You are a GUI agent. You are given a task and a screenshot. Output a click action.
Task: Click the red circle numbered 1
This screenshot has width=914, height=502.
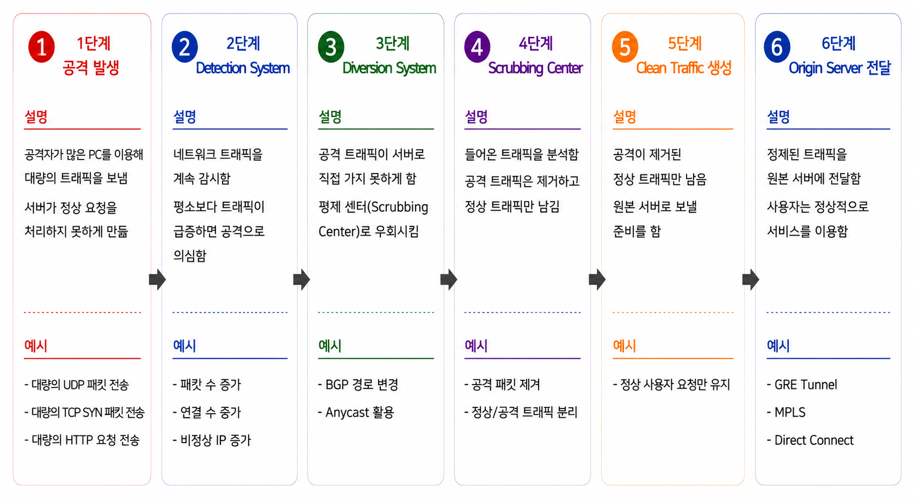(41, 47)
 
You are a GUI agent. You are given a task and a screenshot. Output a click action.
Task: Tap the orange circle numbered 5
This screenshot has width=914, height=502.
(624, 47)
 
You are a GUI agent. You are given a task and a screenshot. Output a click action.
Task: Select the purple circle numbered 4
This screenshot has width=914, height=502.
(477, 47)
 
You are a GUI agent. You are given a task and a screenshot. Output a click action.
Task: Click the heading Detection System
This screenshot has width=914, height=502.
(243, 68)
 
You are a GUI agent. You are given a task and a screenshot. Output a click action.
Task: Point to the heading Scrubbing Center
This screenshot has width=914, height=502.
(535, 68)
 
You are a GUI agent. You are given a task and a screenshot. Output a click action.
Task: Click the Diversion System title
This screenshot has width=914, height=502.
(389, 68)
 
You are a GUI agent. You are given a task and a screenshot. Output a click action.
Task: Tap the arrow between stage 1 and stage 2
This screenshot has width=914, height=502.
(158, 279)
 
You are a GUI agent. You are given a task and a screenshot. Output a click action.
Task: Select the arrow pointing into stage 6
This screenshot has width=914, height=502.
(751, 279)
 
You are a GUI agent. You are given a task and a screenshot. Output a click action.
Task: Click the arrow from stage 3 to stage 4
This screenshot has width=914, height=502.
(449, 279)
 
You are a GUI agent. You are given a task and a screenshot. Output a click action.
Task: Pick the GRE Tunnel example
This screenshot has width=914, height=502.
(802, 384)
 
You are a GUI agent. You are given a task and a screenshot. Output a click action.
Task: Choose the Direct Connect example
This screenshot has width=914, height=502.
(810, 440)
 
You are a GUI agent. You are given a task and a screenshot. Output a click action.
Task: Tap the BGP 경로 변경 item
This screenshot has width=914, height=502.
(358, 384)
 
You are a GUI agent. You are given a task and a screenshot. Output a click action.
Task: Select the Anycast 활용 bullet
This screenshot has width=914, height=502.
(356, 412)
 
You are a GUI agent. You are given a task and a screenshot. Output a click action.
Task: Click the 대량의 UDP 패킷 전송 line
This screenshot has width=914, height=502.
(77, 384)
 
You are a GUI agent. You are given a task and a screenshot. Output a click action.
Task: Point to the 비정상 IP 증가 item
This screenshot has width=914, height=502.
(212, 440)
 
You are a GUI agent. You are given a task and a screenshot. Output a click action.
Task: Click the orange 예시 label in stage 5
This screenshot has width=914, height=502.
(624, 346)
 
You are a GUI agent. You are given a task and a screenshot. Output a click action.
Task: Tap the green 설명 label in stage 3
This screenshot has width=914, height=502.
(330, 117)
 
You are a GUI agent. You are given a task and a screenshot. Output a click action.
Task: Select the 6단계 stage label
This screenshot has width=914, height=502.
(838, 43)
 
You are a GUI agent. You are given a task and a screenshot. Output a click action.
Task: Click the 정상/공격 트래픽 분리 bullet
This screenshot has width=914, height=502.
(521, 412)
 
